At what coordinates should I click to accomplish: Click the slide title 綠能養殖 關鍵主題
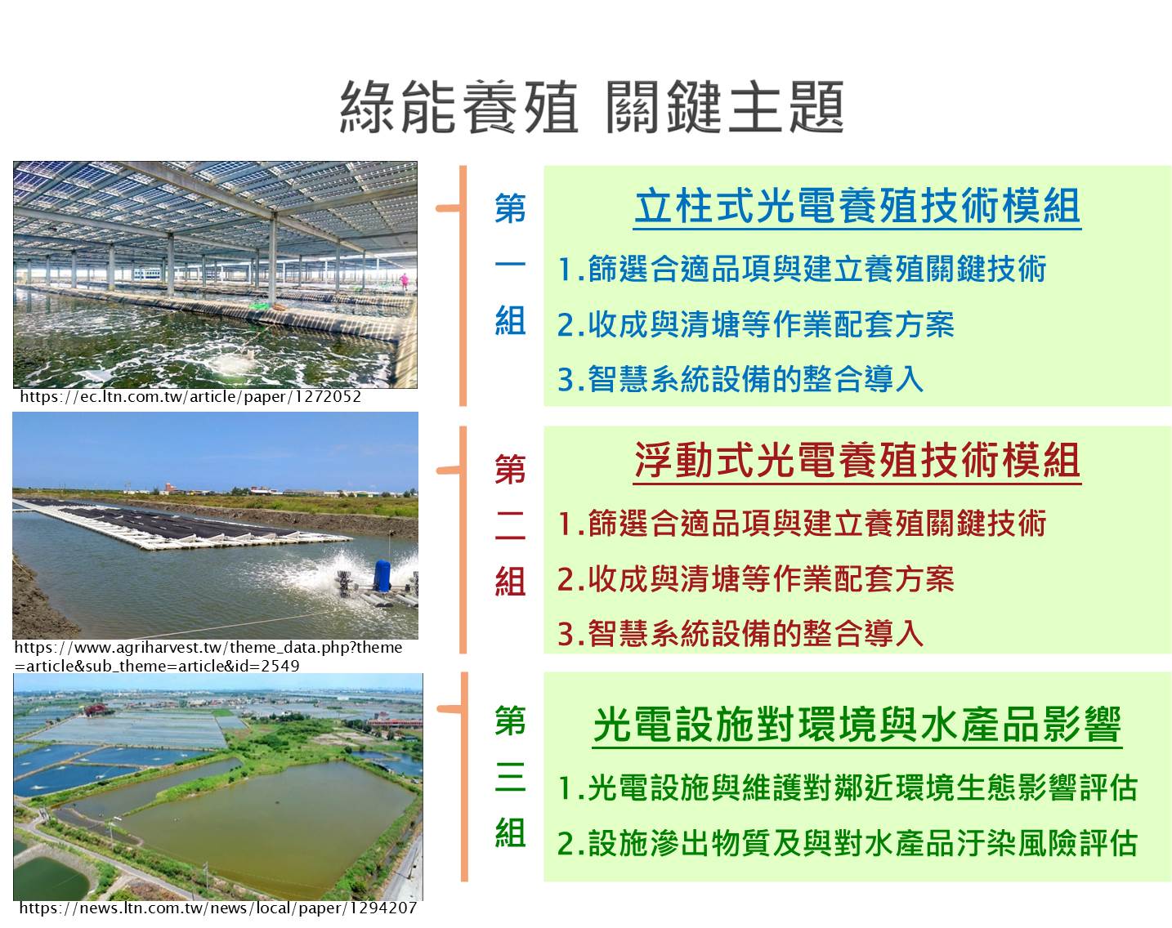pyautogui.click(x=592, y=107)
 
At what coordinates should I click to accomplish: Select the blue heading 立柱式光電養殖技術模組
pyautogui.click(x=857, y=207)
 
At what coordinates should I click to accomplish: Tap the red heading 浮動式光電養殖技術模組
pyautogui.click(x=857, y=461)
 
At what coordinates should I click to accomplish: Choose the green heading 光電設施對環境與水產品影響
pyautogui.click(x=857, y=725)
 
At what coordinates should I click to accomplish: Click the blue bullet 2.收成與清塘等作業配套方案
pyautogui.click(x=755, y=325)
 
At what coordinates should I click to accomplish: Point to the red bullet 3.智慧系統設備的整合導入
pyautogui.click(x=740, y=634)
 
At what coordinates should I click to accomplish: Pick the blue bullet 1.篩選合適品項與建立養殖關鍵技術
pyautogui.click(x=802, y=269)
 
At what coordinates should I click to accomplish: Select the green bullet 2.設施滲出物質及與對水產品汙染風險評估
pyautogui.click(x=848, y=843)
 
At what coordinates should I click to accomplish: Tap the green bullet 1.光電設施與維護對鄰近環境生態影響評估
pyautogui.click(x=848, y=787)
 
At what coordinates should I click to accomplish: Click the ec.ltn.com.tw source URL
pyautogui.click(x=190, y=397)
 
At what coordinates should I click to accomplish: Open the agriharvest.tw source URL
pyautogui.click(x=208, y=657)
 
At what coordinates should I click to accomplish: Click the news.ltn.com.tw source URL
pyautogui.click(x=218, y=908)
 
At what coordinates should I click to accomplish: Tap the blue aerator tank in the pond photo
pyautogui.click(x=382, y=576)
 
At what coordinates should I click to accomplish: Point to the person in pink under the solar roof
pyautogui.click(x=404, y=282)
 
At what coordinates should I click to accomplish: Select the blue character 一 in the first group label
pyautogui.click(x=510, y=264)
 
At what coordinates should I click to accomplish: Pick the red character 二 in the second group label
pyautogui.click(x=510, y=525)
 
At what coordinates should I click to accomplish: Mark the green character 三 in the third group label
pyautogui.click(x=510, y=777)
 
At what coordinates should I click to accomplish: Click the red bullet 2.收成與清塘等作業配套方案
pyautogui.click(x=755, y=579)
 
